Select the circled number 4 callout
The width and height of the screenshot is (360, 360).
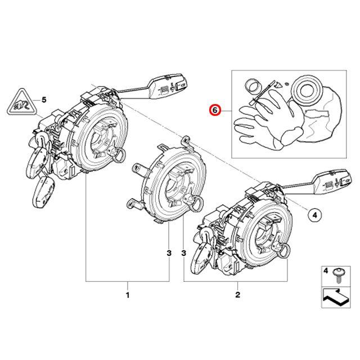coord(314,214)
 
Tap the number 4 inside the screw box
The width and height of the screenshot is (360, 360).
coord(325,271)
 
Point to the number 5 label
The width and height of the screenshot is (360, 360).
coord(44,100)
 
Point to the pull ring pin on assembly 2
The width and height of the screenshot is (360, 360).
coord(280,248)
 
